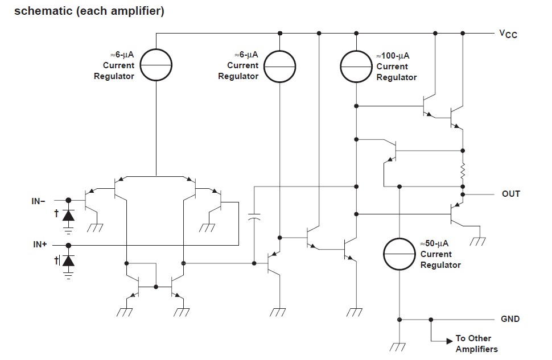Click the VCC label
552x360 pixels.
click(508, 34)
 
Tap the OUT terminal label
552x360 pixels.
click(510, 194)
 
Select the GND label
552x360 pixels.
click(510, 319)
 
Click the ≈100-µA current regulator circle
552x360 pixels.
click(356, 66)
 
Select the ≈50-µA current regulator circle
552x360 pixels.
click(400, 254)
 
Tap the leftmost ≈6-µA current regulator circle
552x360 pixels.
click(155, 66)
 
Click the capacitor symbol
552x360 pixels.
click(254, 217)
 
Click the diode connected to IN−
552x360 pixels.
click(69, 215)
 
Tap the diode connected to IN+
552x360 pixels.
click(69, 260)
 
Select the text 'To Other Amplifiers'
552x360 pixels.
click(476, 344)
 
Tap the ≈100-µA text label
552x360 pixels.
click(393, 56)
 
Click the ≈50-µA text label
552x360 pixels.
click(435, 243)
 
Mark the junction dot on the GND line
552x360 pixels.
click(431, 320)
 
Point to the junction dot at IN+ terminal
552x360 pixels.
click(69, 245)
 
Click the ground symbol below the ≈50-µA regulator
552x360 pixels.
click(400, 345)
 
